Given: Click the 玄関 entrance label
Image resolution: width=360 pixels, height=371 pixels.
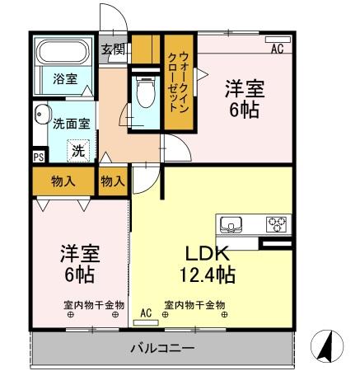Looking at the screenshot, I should (113, 49).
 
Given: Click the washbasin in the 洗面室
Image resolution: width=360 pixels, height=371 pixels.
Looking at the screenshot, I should (41, 119).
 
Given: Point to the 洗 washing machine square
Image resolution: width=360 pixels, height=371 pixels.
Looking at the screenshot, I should (77, 151).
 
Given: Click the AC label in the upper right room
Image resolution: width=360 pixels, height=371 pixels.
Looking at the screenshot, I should (277, 49).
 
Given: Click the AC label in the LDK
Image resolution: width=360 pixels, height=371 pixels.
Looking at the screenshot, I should (146, 313).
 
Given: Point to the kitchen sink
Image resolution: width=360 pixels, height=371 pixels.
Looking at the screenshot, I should (231, 223).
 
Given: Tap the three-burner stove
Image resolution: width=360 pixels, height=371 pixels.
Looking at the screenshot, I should (276, 223).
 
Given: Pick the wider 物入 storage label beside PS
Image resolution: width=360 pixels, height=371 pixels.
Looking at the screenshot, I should (63, 180).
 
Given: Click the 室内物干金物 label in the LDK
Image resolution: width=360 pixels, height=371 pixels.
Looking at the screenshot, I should (194, 304).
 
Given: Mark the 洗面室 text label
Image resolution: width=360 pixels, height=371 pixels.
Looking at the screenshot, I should (72, 124).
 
